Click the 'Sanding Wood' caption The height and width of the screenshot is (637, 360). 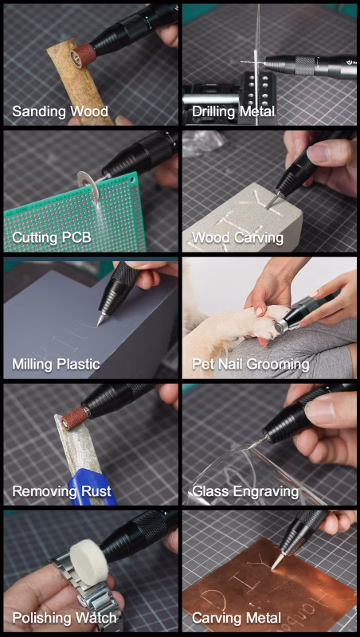60,111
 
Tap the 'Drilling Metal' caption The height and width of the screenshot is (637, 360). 233,111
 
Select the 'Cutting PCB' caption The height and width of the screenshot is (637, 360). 52,237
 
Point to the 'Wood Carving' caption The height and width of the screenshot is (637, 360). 237,237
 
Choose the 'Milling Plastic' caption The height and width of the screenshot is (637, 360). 56,364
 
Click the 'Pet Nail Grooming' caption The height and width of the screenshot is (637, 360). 251,364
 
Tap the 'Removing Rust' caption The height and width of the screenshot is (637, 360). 61,490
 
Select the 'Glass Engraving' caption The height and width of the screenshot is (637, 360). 245,491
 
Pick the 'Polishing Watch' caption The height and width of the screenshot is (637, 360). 65,619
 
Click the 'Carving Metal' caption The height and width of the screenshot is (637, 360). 237,619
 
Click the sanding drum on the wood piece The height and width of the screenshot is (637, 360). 83,53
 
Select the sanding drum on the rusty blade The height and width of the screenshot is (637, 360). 74,416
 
